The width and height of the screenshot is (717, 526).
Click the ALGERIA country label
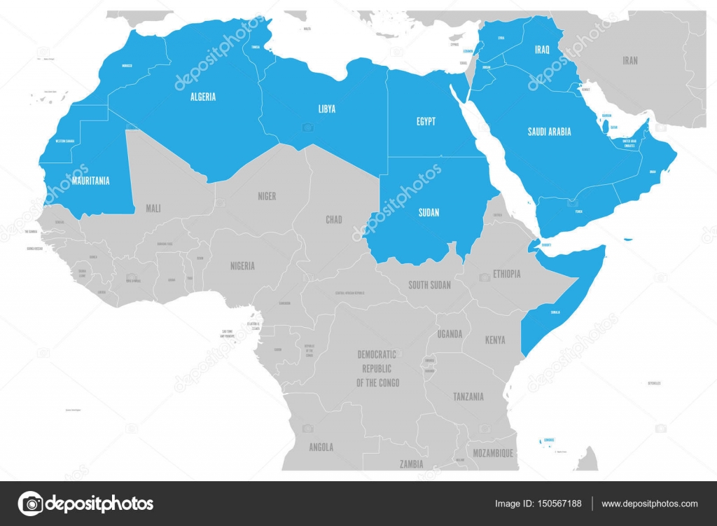point(203,97)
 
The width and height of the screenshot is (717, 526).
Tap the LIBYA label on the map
point(326,109)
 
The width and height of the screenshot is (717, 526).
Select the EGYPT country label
point(426,121)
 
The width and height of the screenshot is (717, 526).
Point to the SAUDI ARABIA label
point(549,131)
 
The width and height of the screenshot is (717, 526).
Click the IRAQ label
point(542,50)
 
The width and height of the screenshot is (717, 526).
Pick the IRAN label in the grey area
point(630,60)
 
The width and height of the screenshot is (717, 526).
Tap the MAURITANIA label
point(90,181)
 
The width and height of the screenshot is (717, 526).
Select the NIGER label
point(267,196)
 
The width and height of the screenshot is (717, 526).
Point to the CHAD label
point(334,219)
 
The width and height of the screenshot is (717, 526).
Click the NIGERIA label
point(242,266)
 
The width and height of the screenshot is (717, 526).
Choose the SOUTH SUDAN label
point(429,285)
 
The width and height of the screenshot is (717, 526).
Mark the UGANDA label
point(450,335)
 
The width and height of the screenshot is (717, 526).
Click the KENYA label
point(494,340)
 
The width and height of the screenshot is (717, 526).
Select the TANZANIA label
point(468,396)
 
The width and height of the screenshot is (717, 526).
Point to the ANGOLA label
point(321,447)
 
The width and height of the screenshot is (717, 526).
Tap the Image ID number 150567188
point(557,504)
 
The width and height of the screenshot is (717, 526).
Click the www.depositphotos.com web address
point(649,504)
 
